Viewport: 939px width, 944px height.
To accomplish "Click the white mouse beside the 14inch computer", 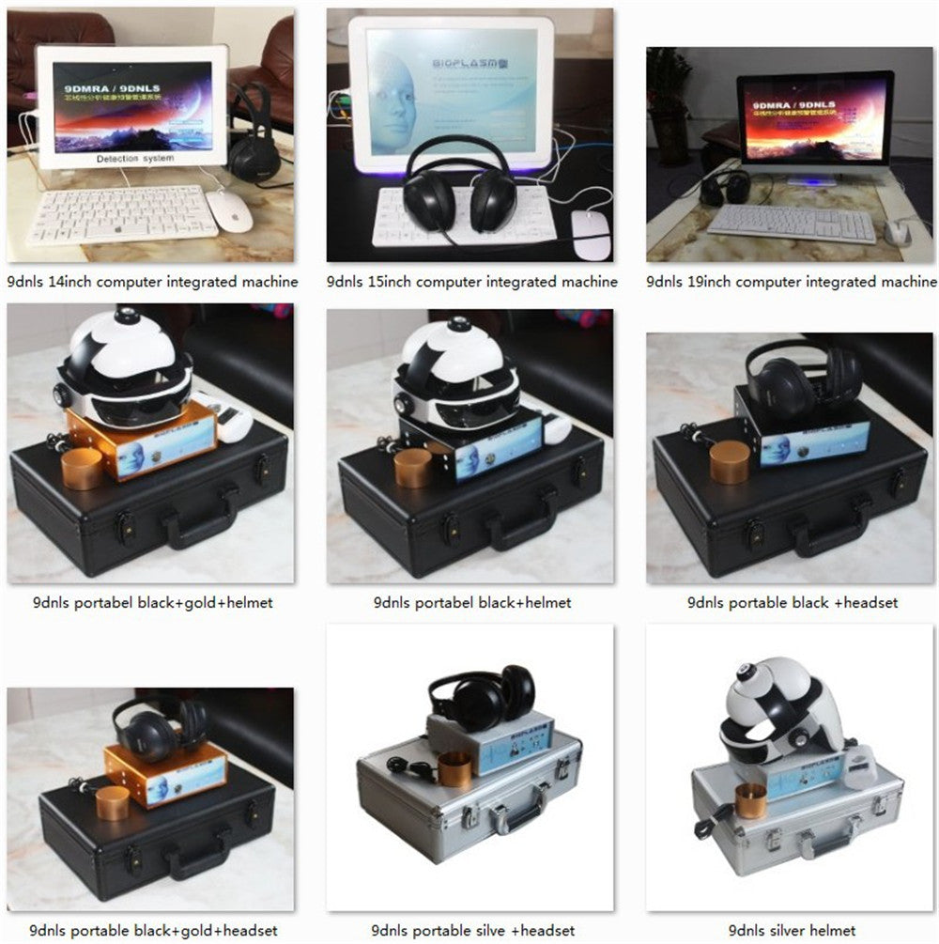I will click(x=231, y=210).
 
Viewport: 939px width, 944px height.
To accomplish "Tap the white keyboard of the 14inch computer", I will click(x=122, y=214).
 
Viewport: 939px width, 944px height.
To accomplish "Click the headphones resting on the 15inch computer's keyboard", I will click(x=460, y=188).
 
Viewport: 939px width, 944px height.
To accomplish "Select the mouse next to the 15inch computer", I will click(x=591, y=235).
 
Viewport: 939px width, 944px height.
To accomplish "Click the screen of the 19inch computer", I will click(x=813, y=120).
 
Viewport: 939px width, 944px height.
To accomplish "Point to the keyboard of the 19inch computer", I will click(x=791, y=224).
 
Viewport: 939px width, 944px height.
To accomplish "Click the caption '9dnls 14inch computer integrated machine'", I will click(x=152, y=281).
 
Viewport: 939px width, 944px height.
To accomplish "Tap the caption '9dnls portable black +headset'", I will click(x=793, y=602).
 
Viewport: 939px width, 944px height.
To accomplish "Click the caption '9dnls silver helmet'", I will click(x=793, y=930).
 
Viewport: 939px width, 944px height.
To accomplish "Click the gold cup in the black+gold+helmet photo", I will click(x=83, y=469).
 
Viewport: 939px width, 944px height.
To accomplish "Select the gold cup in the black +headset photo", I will click(x=730, y=462).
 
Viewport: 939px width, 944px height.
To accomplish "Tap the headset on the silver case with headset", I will click(x=482, y=698).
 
